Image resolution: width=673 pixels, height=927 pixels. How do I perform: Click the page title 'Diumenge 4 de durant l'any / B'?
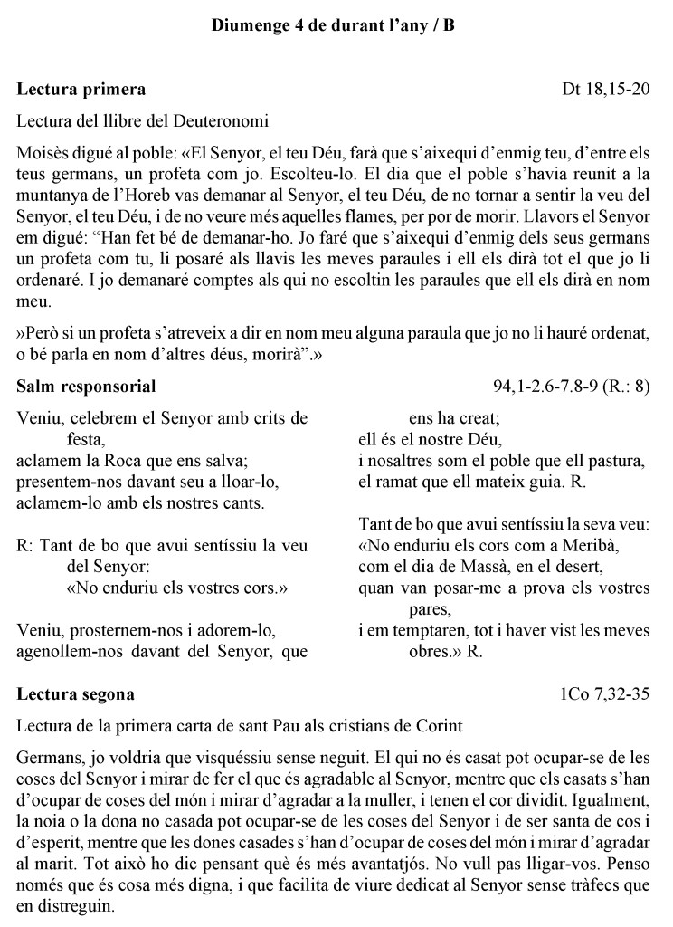click(336, 26)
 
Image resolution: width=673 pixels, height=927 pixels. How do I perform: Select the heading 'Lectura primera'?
click(81, 90)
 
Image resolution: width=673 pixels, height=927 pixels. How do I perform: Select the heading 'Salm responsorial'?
click(87, 387)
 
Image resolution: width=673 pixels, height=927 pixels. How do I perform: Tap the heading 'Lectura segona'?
click(77, 694)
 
